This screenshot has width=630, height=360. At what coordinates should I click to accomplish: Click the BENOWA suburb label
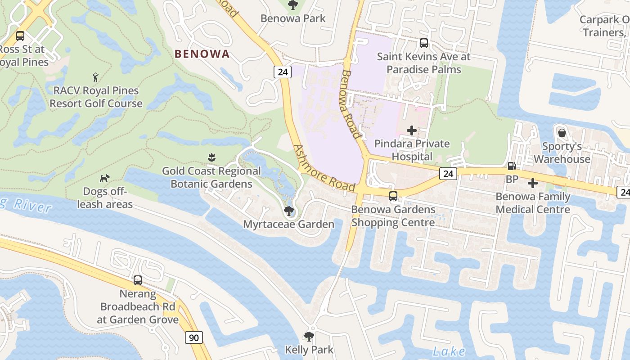click(x=202, y=54)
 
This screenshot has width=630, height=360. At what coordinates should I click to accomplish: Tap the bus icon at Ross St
click(x=20, y=36)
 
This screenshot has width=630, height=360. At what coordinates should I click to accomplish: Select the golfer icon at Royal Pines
click(x=95, y=77)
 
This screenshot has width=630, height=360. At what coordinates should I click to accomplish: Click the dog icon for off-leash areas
click(x=104, y=179)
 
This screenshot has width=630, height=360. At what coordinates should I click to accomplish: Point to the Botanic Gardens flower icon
click(x=211, y=157)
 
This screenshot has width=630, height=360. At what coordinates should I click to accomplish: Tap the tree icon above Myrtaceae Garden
click(x=288, y=211)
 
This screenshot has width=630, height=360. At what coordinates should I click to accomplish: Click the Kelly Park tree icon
click(x=309, y=336)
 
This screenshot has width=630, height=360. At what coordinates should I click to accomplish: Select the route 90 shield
click(x=194, y=337)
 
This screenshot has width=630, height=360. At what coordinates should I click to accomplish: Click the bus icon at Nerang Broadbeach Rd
click(x=138, y=280)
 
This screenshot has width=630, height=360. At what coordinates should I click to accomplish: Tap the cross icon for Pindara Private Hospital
click(x=411, y=130)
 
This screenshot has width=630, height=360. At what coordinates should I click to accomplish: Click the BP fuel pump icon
click(x=512, y=166)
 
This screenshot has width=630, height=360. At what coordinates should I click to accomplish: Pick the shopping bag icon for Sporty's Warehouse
click(x=562, y=133)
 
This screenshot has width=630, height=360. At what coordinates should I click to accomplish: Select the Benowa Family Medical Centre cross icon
click(x=533, y=183)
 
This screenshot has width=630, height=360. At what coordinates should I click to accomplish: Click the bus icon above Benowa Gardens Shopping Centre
click(x=393, y=196)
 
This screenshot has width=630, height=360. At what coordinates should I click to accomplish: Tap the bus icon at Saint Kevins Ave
click(x=424, y=43)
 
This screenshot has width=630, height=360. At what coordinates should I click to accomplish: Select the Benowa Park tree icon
click(x=292, y=5)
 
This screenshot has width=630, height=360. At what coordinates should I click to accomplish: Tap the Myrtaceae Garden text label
click(x=288, y=224)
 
